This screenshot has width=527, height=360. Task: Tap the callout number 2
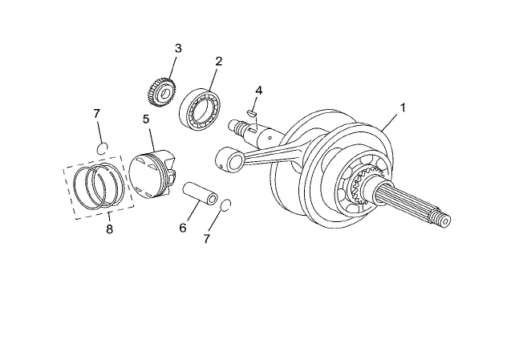218,61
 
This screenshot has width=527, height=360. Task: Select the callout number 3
177,48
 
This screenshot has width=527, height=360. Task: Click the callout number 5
146,119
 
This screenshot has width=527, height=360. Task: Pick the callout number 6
182,229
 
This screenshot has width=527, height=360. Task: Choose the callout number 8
110,229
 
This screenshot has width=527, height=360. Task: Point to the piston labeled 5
152,172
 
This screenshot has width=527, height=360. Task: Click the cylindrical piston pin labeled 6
201,198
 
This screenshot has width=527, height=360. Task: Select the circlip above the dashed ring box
101,146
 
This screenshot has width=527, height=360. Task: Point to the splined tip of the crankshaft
442,216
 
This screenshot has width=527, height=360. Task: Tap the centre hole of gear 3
165,95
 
